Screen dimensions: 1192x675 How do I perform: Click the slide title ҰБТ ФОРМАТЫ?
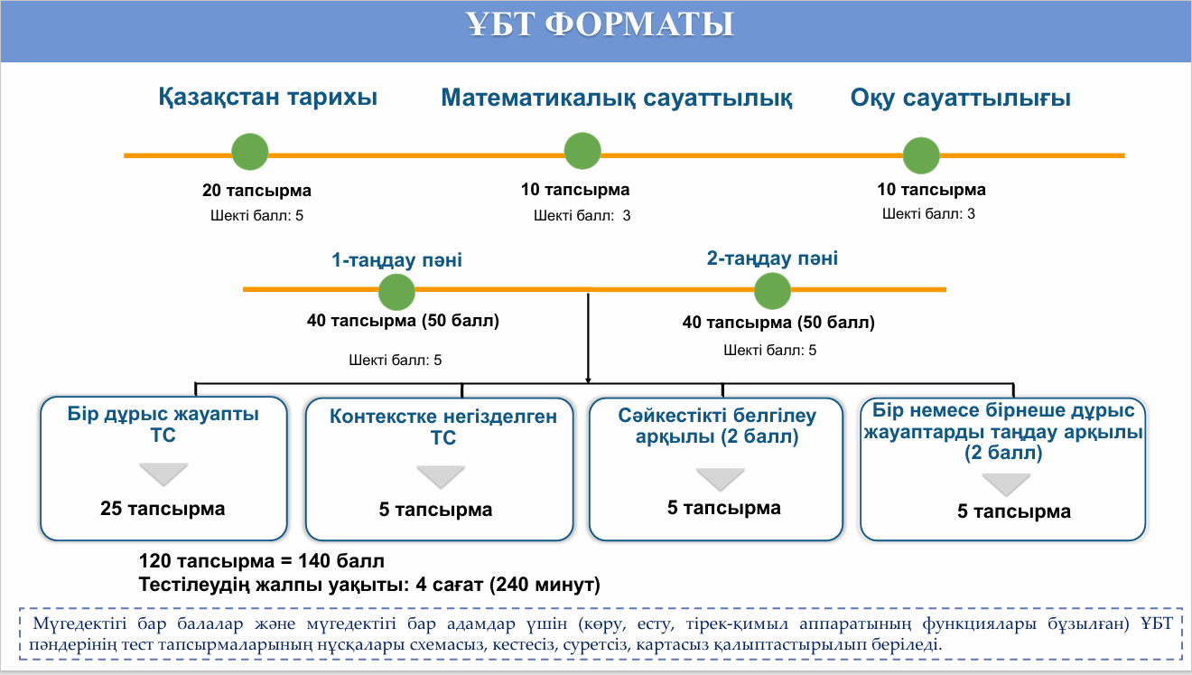pos(601,24)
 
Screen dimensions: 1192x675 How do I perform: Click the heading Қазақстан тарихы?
pos(267,98)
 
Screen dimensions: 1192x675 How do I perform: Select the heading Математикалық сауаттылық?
pos(617,98)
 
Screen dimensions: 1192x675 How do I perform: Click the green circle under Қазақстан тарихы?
pos(249,152)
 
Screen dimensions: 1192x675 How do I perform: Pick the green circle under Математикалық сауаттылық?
pos(582,151)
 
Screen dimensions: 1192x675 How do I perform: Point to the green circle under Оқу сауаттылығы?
pos(921,155)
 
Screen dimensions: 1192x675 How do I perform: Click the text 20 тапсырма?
pos(256,190)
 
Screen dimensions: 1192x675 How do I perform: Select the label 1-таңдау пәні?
pos(396,259)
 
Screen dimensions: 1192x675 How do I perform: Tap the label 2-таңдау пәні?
pos(772,258)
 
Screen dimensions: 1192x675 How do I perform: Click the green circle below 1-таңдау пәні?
pos(396,292)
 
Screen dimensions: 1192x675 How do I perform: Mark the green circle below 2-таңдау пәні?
pos(772,291)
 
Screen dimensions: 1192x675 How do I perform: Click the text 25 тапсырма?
pos(163,509)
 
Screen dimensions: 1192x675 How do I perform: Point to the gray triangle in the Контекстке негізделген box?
pos(441,477)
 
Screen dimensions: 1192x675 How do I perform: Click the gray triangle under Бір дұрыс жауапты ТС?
pos(163,474)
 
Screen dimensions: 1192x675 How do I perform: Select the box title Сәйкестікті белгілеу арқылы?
pos(717,426)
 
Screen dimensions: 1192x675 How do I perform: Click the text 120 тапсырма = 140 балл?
pos(261,560)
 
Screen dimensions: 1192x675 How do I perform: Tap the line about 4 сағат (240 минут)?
pos(369,585)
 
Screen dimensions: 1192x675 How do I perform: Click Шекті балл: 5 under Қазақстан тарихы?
pos(256,216)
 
